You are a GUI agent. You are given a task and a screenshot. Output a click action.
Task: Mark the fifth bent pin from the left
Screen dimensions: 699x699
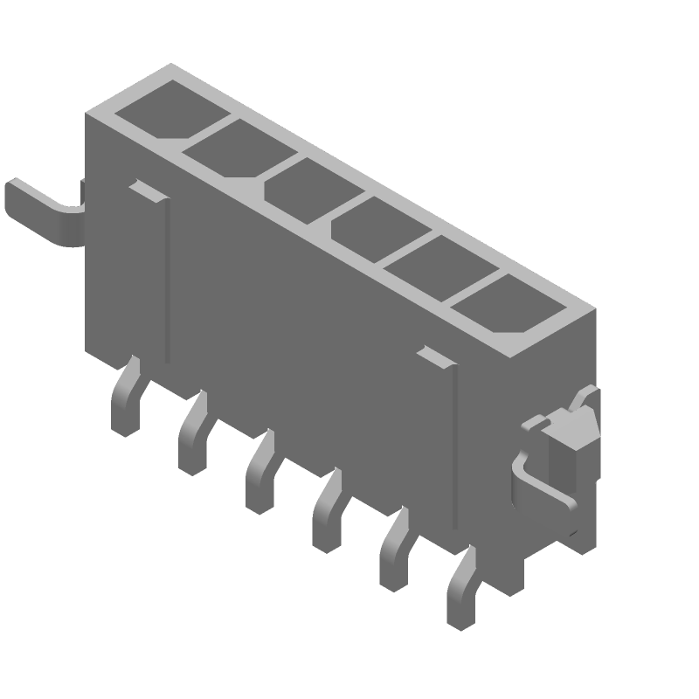[393, 550]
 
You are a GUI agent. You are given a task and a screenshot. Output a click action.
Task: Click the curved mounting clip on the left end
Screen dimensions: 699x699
[44, 211]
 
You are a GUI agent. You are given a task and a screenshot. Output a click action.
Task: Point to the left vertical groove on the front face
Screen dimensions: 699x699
[166, 280]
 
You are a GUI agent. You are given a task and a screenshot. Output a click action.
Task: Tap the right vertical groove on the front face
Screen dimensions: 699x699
[453, 446]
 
